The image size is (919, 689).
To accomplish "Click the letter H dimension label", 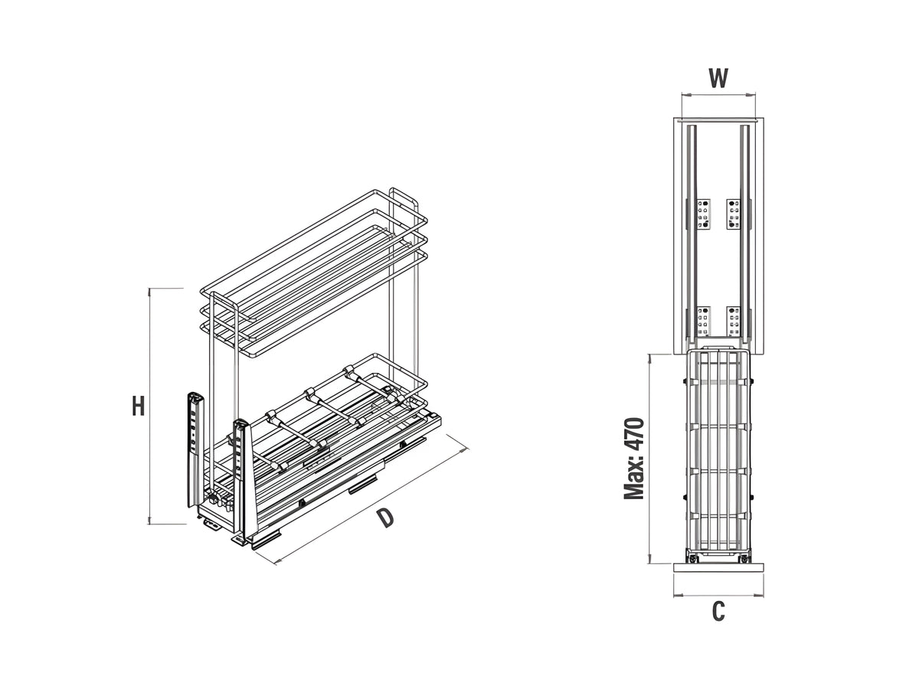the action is [x=138, y=406].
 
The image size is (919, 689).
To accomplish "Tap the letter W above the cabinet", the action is [x=718, y=78].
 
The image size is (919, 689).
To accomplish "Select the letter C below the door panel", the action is [x=718, y=612].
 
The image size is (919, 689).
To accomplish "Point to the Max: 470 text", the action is [x=634, y=459].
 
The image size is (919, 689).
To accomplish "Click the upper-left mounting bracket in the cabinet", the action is [x=703, y=214].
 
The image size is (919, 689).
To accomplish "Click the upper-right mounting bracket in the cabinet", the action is [x=734, y=214].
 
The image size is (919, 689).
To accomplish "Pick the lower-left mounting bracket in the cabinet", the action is [x=703, y=321].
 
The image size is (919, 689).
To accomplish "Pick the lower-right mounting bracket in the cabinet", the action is [x=734, y=321].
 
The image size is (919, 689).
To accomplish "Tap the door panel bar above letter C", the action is [x=718, y=568].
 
